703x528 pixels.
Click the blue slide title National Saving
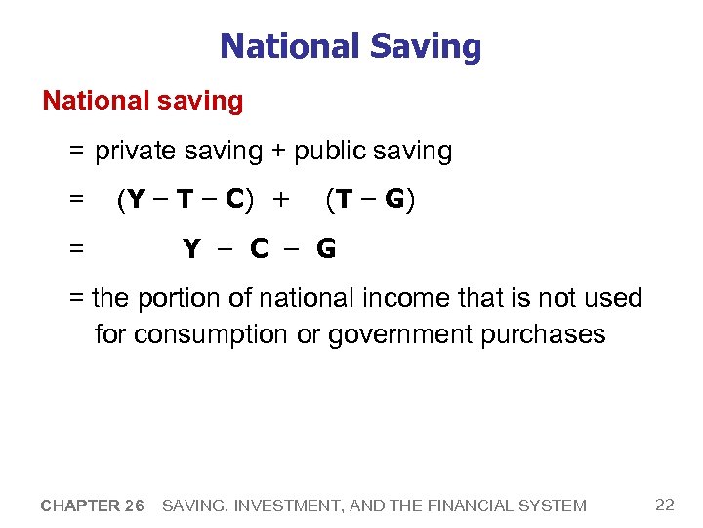click(x=351, y=46)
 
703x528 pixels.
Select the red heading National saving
click(x=143, y=100)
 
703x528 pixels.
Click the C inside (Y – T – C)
click(x=234, y=200)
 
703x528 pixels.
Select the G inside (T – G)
click(x=394, y=200)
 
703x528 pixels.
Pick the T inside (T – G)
click(x=344, y=200)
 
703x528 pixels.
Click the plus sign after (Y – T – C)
click(x=282, y=200)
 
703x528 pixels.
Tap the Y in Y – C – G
click(x=192, y=249)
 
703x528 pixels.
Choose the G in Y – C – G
click(x=326, y=249)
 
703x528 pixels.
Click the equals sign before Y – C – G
click(x=76, y=249)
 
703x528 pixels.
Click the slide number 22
click(x=665, y=505)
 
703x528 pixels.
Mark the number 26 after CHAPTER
click(x=135, y=506)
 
